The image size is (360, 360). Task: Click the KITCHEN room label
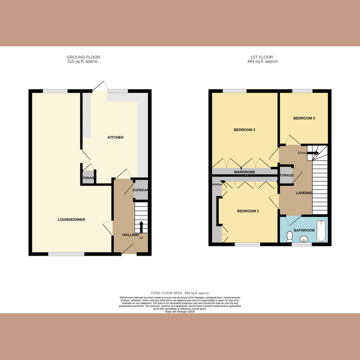(115, 137)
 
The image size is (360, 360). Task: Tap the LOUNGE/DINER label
(72, 220)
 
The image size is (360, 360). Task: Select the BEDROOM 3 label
(304, 118)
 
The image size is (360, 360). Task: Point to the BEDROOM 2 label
(244, 130)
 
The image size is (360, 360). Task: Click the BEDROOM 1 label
(248, 211)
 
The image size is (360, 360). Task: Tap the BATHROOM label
(304, 230)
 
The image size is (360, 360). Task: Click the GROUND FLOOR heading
(83, 57)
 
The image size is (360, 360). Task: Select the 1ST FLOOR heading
(265, 57)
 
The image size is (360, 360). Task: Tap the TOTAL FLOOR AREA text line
(180, 293)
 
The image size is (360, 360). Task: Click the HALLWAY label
(131, 235)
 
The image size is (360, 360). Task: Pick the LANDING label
(304, 193)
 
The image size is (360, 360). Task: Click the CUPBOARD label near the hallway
(140, 190)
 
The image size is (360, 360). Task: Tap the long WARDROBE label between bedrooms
(244, 172)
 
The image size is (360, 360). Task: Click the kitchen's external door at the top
(100, 86)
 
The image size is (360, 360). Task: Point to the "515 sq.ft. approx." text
(83, 61)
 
